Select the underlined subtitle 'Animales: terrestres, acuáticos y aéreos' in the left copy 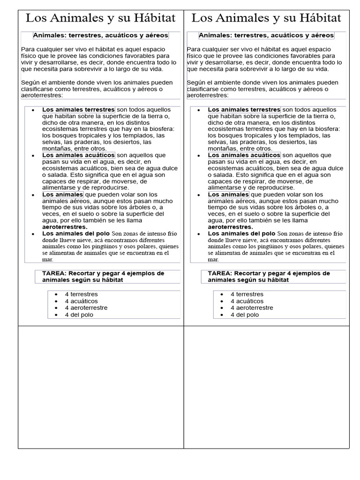[100, 35]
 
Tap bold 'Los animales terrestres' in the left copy [78, 110]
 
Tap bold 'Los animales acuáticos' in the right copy [244, 155]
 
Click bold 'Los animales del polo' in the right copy [241, 233]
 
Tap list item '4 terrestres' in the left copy [81, 294]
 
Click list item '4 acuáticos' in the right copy [247, 301]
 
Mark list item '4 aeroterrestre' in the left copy [86, 308]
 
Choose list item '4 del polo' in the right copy [244, 315]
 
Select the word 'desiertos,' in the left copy [123, 142]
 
